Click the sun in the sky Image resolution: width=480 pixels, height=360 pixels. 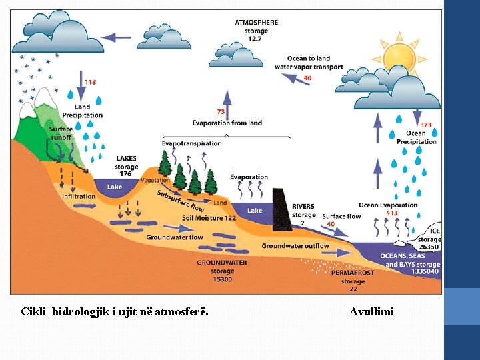point(399,58)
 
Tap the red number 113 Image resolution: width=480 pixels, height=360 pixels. point(90,82)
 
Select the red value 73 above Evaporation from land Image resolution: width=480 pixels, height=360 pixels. point(221,111)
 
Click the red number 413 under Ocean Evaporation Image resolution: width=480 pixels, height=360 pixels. point(392,213)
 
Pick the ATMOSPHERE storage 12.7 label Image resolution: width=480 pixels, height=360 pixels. point(256,31)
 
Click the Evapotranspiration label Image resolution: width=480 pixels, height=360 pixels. point(192,143)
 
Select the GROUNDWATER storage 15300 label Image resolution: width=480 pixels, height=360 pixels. point(222,271)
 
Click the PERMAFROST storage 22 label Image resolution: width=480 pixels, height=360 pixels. point(353,281)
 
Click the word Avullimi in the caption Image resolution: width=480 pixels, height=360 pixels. point(371,311)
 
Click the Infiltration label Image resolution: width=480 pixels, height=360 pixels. point(79,197)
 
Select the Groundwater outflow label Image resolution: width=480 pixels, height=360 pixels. point(295,246)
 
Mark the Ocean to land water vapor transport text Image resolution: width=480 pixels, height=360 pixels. point(309,63)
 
